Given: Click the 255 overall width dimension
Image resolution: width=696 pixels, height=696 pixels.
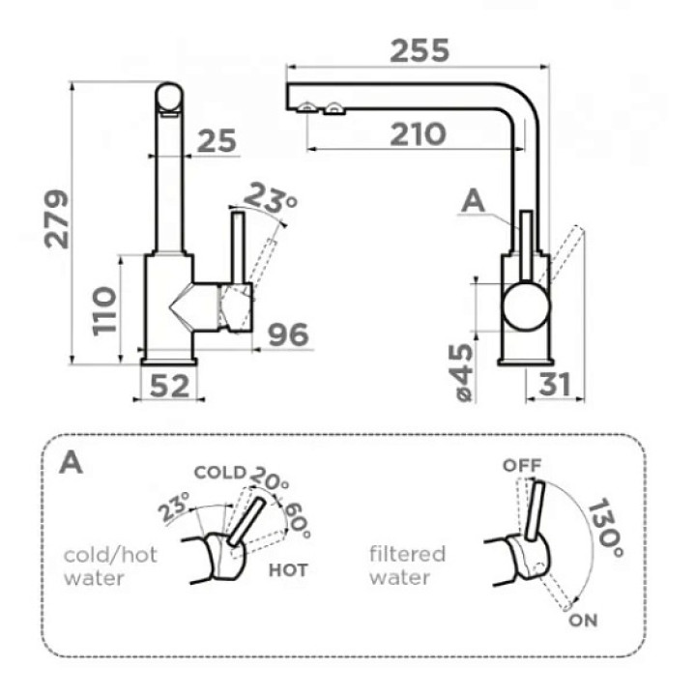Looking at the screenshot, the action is pos(420,50).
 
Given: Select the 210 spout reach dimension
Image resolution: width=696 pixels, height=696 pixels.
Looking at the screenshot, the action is pos(418,134).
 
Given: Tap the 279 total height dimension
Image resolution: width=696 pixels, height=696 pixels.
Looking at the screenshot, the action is pos(57,219).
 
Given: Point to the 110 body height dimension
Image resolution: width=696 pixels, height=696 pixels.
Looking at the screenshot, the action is pos(104,311).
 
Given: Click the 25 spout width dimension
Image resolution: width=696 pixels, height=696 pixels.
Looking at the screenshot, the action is pos(217,141).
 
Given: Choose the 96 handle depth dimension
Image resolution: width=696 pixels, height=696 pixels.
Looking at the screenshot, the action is pos(288,334).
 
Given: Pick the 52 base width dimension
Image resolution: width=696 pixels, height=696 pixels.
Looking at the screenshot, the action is pos(169,386).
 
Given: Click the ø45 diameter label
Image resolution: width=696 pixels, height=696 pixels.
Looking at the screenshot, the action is pos(464,372).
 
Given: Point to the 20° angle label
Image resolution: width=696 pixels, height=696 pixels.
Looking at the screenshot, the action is pos(270,478).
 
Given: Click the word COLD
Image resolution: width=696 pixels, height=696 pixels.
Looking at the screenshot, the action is pos(220,473).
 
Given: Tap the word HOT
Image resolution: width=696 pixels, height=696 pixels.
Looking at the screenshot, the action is pos(288,570).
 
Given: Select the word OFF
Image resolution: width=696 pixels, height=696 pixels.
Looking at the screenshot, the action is pos(522,465).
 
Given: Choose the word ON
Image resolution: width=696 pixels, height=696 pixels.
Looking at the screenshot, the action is pos(583,620).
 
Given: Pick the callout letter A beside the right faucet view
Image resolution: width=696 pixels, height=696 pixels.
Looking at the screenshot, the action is pos(473,202).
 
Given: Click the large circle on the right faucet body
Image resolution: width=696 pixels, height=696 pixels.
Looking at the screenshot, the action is pos(526,307).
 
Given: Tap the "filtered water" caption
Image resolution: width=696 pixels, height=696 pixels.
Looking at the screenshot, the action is pos(407,565).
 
